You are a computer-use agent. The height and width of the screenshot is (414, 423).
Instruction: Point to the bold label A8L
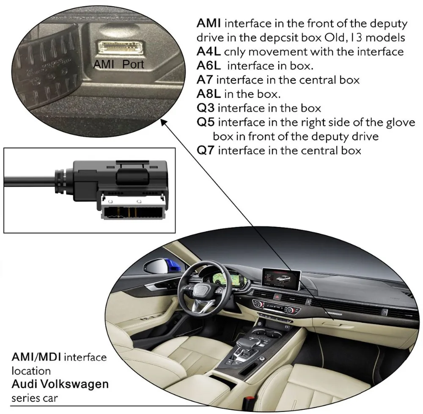(206, 93)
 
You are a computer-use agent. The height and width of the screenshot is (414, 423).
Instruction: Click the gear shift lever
(246, 342)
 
